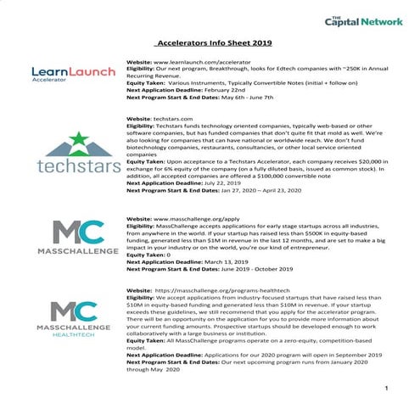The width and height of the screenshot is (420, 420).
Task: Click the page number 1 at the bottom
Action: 385,389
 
